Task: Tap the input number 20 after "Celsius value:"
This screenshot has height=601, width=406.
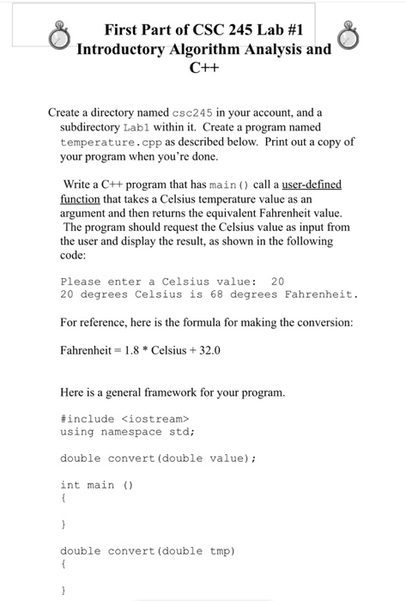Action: coord(276,281)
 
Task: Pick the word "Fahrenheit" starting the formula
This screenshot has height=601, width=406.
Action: coord(88,351)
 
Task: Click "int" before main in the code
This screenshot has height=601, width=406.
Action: coord(70,486)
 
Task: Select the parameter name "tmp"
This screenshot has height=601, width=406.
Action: coord(221,549)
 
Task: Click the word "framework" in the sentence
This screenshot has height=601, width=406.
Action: coord(192,392)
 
